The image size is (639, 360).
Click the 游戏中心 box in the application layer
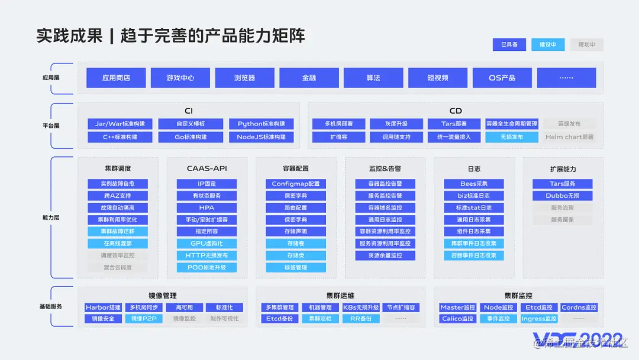(180, 78)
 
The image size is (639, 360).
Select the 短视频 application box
(438, 78)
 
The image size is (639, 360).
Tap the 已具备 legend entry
(509, 44)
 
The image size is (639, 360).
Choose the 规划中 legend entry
(586, 44)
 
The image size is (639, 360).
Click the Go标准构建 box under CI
(191, 137)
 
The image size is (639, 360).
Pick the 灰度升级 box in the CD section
(396, 124)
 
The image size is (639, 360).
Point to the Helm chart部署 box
(569, 137)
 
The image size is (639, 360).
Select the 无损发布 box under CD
(512, 137)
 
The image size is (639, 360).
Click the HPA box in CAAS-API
(206, 208)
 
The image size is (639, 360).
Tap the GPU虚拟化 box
(206, 243)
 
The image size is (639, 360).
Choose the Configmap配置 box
(295, 184)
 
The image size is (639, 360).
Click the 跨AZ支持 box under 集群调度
(118, 195)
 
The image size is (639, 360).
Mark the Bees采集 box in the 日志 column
(474, 184)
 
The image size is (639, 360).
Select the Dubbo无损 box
(562, 195)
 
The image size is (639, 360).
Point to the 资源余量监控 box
(385, 255)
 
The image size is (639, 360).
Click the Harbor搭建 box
(103, 307)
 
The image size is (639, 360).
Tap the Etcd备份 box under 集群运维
(280, 319)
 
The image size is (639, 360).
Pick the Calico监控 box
(458, 319)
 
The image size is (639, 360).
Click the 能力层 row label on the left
(51, 217)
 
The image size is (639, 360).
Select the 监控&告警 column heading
(385, 169)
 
